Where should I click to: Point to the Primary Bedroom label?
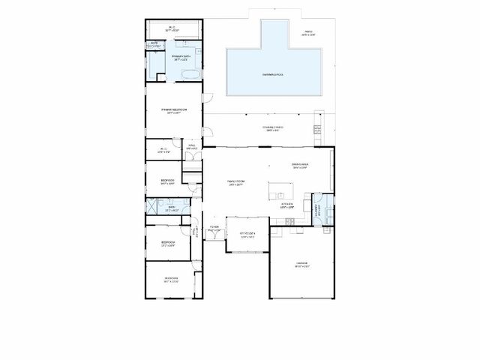(173, 111)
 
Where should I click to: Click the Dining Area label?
(300, 166)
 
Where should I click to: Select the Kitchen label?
(286, 204)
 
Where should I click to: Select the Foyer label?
(214, 226)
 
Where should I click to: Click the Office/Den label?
(248, 234)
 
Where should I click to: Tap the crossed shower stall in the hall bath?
(152, 207)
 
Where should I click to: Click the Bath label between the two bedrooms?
(171, 209)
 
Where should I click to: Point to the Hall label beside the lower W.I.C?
(192, 148)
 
